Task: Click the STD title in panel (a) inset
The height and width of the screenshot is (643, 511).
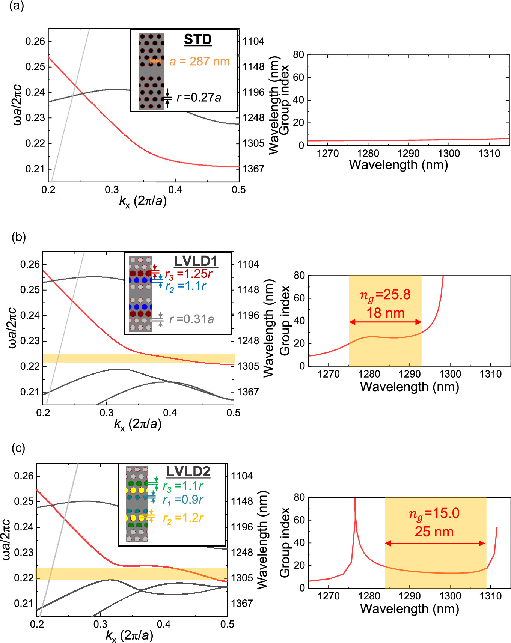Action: (198, 39)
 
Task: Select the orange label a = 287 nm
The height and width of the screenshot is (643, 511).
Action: (199, 61)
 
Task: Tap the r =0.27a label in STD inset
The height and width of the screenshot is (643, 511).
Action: (199, 98)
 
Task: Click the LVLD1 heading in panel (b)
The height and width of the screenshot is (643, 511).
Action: (196, 261)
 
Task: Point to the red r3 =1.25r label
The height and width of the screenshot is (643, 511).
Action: (188, 274)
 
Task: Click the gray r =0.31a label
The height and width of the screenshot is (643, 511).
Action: (191, 319)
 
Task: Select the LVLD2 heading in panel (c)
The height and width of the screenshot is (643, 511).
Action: (188, 471)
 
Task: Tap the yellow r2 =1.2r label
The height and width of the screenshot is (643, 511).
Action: (183, 518)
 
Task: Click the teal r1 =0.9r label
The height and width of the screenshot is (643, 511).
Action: (183, 500)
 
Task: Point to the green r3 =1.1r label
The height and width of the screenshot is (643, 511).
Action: (183, 486)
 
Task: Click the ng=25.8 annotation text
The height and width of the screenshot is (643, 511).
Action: (385, 295)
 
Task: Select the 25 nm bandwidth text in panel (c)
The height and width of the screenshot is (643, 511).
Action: (434, 532)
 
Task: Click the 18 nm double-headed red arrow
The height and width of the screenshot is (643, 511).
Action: (385, 322)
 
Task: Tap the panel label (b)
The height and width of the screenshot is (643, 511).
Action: (19, 237)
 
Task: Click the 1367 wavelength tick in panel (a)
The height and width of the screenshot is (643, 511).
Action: (253, 169)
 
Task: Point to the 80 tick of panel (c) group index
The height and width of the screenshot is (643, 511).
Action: (299, 497)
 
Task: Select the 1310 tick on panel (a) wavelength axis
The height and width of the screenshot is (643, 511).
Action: (489, 154)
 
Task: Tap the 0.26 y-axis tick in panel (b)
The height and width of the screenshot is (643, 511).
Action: (30, 264)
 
